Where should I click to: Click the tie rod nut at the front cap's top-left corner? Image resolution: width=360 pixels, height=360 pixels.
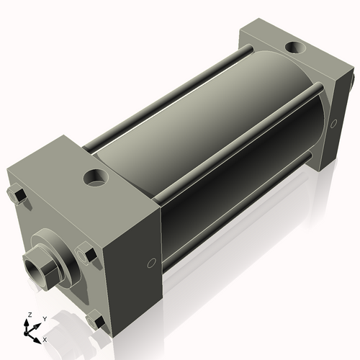[17, 195]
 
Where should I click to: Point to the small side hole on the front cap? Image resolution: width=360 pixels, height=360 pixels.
[150, 264]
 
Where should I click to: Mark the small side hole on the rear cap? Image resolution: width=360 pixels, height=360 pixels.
[334, 123]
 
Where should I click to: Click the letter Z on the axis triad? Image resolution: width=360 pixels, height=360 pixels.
[29, 315]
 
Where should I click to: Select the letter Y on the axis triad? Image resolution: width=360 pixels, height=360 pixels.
[44, 318]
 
